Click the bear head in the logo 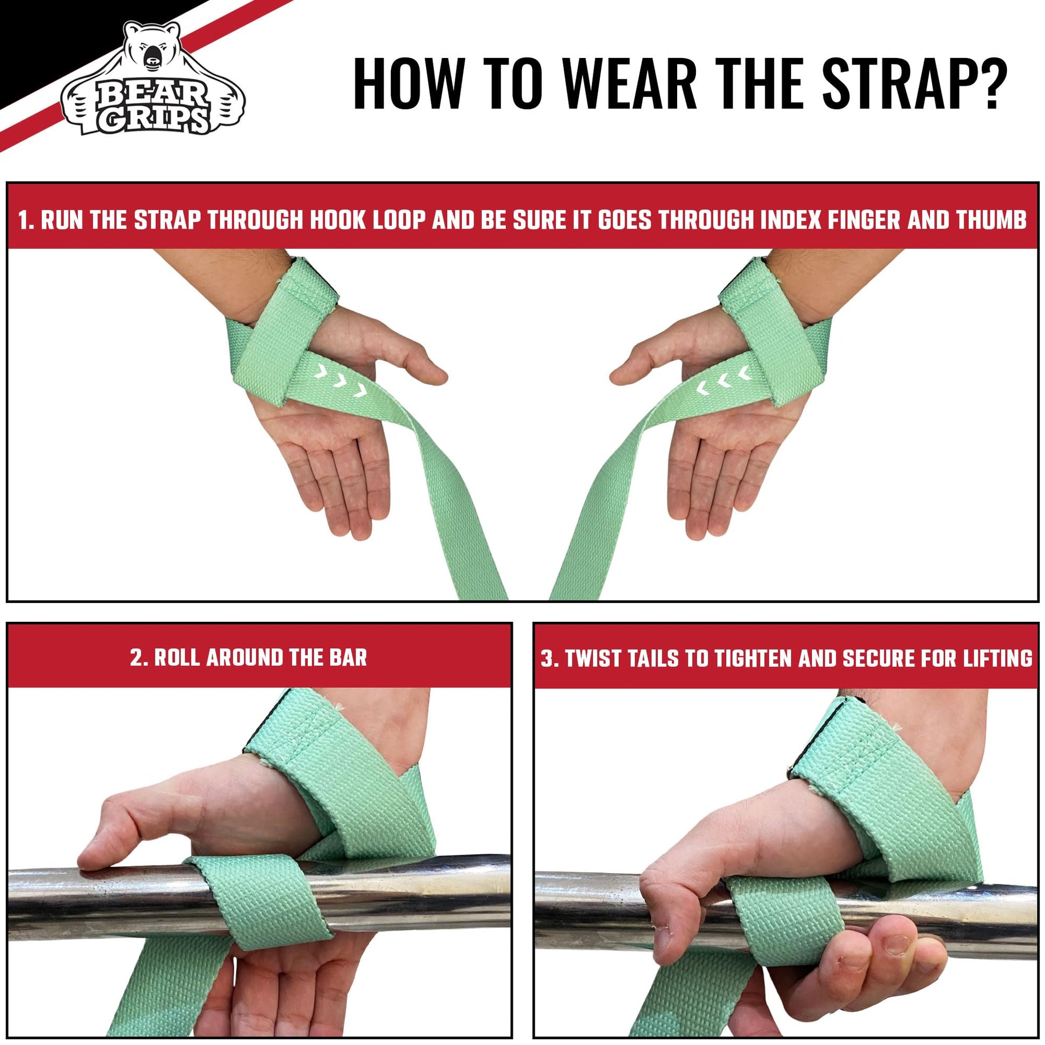tap(153, 54)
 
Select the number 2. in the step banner tap(140, 658)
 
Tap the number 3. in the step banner tap(550, 658)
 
